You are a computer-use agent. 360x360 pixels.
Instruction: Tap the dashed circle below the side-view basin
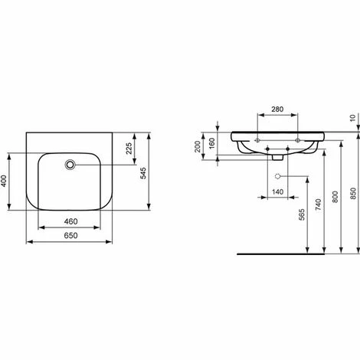277,175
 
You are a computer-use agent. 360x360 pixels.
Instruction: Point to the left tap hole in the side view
258,140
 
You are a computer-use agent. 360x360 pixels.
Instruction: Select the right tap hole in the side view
298,140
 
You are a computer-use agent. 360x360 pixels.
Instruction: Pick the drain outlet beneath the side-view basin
277,158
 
